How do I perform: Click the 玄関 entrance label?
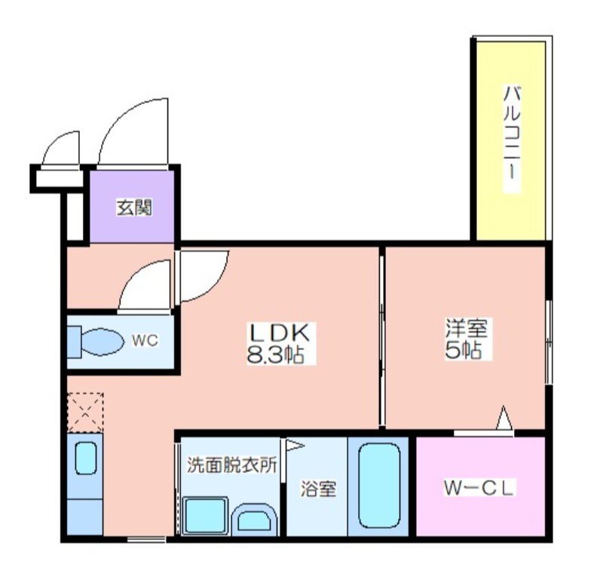click(134, 207)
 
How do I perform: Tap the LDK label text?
click(280, 333)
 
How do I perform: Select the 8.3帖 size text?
click(275, 354)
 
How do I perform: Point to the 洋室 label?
click(466, 328)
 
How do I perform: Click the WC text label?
click(145, 340)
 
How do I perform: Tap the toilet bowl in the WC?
click(103, 342)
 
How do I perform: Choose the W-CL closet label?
click(479, 488)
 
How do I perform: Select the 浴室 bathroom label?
click(318, 489)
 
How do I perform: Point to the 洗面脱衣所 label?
click(232, 465)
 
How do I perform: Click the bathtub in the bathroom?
click(380, 486)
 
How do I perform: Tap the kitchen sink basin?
click(85, 458)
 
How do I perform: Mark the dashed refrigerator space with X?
click(85, 413)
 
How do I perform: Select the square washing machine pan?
click(205, 515)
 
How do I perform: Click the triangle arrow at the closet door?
click(504, 418)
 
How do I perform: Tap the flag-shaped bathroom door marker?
click(294, 446)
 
